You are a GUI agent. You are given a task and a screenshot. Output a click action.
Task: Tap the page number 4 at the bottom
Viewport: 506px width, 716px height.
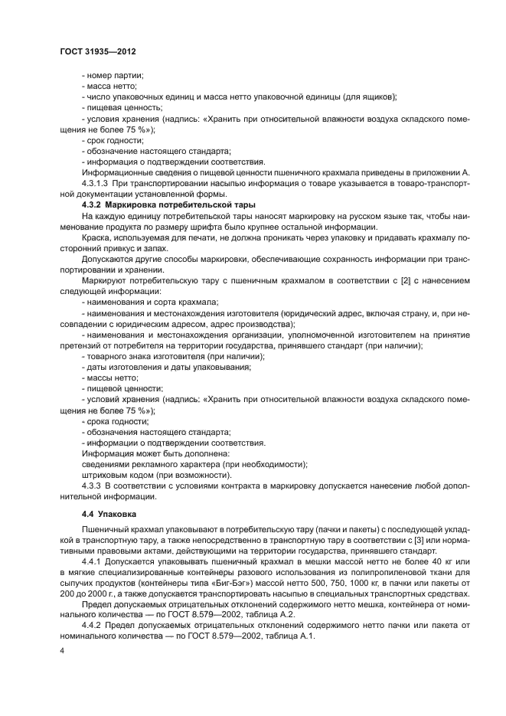[61, 649]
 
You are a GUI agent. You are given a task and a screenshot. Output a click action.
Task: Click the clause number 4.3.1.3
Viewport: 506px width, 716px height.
[97, 184]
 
